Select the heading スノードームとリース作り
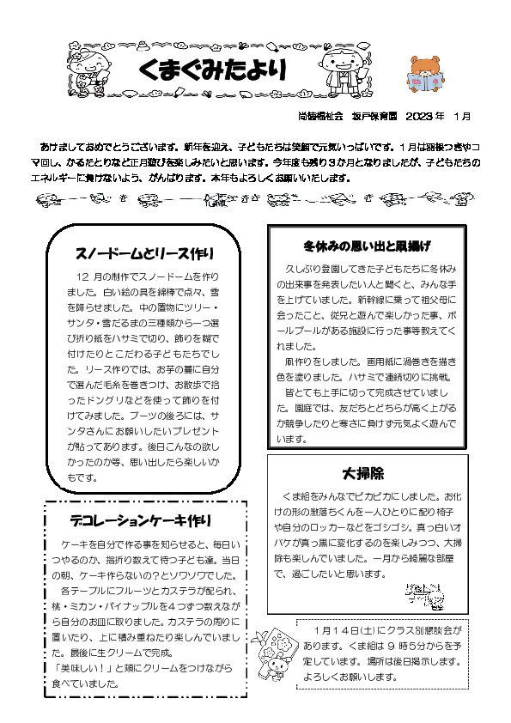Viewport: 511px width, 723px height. (x=143, y=253)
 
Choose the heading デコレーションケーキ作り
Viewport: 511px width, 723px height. (x=141, y=520)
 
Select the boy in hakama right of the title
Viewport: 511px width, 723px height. (x=345, y=69)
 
